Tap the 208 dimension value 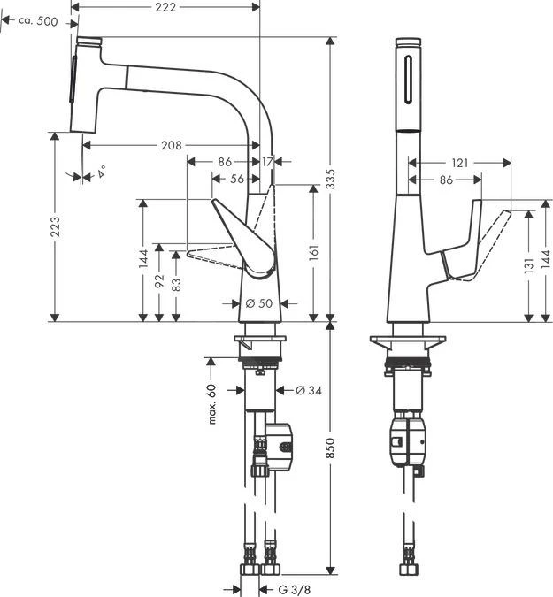[171, 145]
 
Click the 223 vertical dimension [55, 226]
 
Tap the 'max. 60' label [212, 404]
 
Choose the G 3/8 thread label [295, 588]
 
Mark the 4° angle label [103, 172]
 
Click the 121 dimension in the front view [458, 163]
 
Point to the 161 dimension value [314, 253]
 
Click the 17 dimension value [268, 163]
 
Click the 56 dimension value [236, 179]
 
